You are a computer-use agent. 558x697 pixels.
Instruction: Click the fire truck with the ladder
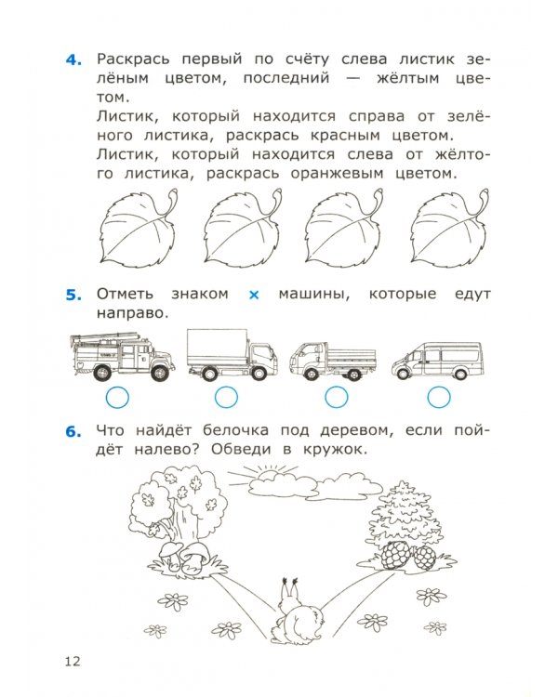coord(116,357)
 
